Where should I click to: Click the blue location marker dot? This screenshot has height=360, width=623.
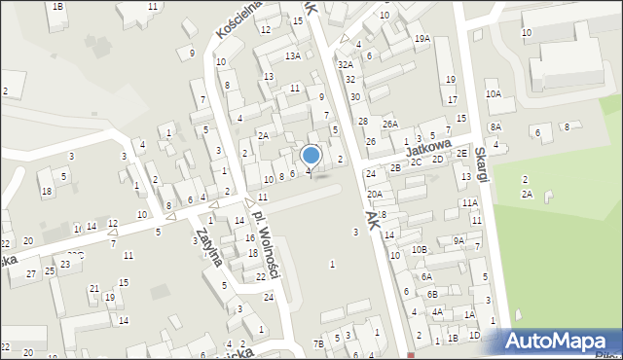[x=311, y=155]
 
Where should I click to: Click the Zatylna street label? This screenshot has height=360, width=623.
[x=208, y=248]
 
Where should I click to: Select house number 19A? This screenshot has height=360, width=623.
[x=421, y=38]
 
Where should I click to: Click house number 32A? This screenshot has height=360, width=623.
[x=345, y=64]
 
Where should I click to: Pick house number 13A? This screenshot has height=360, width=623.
[x=292, y=56]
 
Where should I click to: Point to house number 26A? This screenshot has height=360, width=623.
[x=390, y=125]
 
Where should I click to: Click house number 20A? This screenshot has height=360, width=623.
[x=375, y=195]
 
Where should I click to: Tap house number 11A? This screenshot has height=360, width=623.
[x=470, y=202]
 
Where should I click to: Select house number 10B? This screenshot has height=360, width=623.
[x=419, y=250]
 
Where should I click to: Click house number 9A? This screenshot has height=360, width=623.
[x=459, y=240]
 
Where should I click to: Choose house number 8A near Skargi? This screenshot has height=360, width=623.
[x=495, y=127]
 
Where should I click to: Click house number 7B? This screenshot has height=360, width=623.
[x=318, y=343]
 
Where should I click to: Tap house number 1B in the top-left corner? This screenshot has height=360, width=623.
[x=58, y=7]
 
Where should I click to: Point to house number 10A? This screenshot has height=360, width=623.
[x=494, y=94]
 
